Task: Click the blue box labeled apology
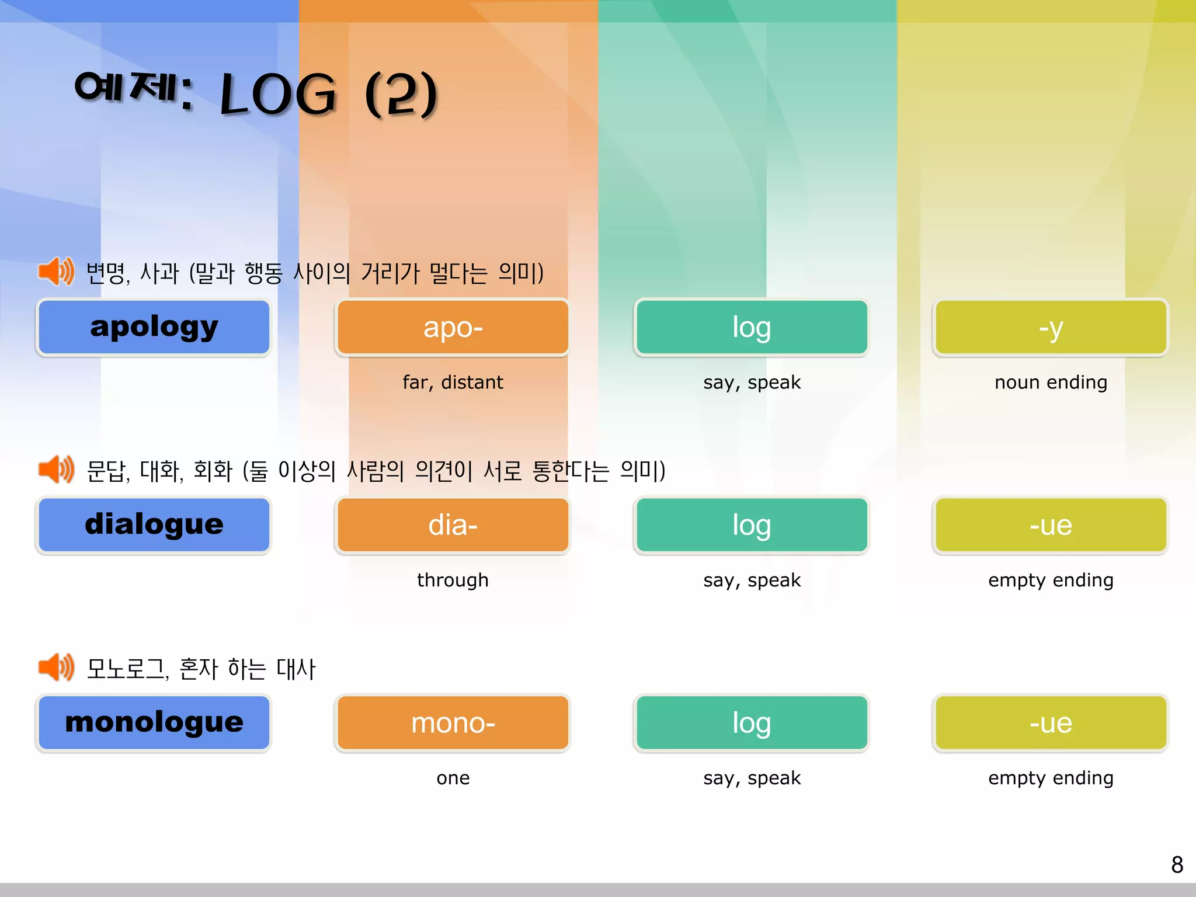[x=154, y=327]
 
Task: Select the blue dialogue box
[x=154, y=524]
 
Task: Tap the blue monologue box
[x=154, y=722]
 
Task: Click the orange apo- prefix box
[x=453, y=327]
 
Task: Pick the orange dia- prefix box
[x=453, y=524]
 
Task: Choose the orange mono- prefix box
[x=453, y=722]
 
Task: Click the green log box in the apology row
[x=752, y=327]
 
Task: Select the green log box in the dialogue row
[x=752, y=524]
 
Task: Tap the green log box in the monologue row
[x=752, y=722]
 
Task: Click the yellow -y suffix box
[x=1051, y=327]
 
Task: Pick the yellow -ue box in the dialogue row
[x=1051, y=524]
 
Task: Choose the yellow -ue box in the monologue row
[x=1051, y=722]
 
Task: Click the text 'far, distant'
[x=453, y=382]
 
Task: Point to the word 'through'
[x=453, y=580]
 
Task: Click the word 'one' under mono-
[x=453, y=778]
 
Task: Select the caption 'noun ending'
[x=1051, y=382]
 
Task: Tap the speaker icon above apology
[x=56, y=272]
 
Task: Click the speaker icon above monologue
[x=56, y=667]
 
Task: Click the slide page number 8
[x=1177, y=865]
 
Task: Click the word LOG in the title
[x=278, y=95]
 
